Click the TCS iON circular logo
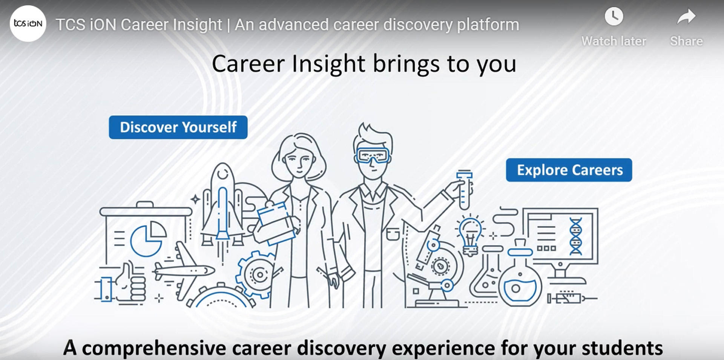pos(28,23)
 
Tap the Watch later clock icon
pos(614,17)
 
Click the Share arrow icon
pos(686,17)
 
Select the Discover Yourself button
pos(178,127)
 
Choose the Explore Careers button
pos(569,170)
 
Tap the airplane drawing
pos(183,270)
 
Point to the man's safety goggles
pos(373,155)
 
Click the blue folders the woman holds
pos(274,223)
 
